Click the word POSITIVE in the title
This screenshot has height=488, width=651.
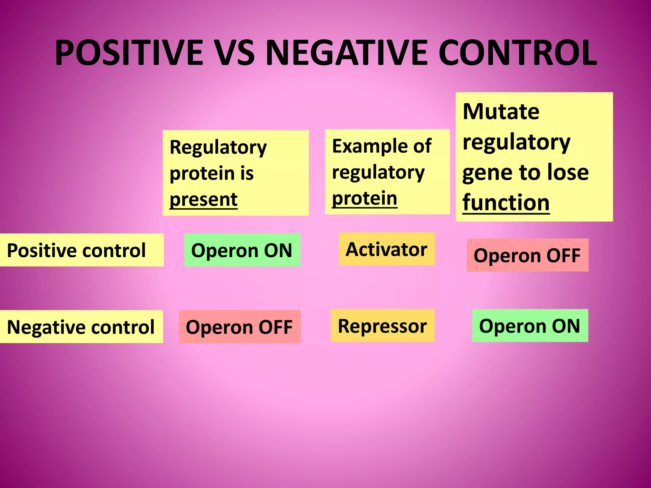tap(129, 52)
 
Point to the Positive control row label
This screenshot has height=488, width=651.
tap(76, 250)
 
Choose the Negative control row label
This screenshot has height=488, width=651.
tap(81, 327)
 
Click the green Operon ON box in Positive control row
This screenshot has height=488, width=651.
tap(242, 250)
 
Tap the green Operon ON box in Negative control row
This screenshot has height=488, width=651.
tap(530, 326)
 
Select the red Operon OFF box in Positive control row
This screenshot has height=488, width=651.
tap(527, 255)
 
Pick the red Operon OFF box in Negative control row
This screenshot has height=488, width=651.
tap(239, 327)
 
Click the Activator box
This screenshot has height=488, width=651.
tap(387, 249)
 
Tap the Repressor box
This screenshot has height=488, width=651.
tap(382, 326)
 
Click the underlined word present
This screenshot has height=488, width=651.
tap(203, 200)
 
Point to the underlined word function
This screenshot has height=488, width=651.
tap(506, 203)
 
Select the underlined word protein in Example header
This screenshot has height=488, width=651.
tap(365, 199)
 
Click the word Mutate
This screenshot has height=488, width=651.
tap(501, 112)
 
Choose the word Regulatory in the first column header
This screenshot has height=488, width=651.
tap(218, 147)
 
